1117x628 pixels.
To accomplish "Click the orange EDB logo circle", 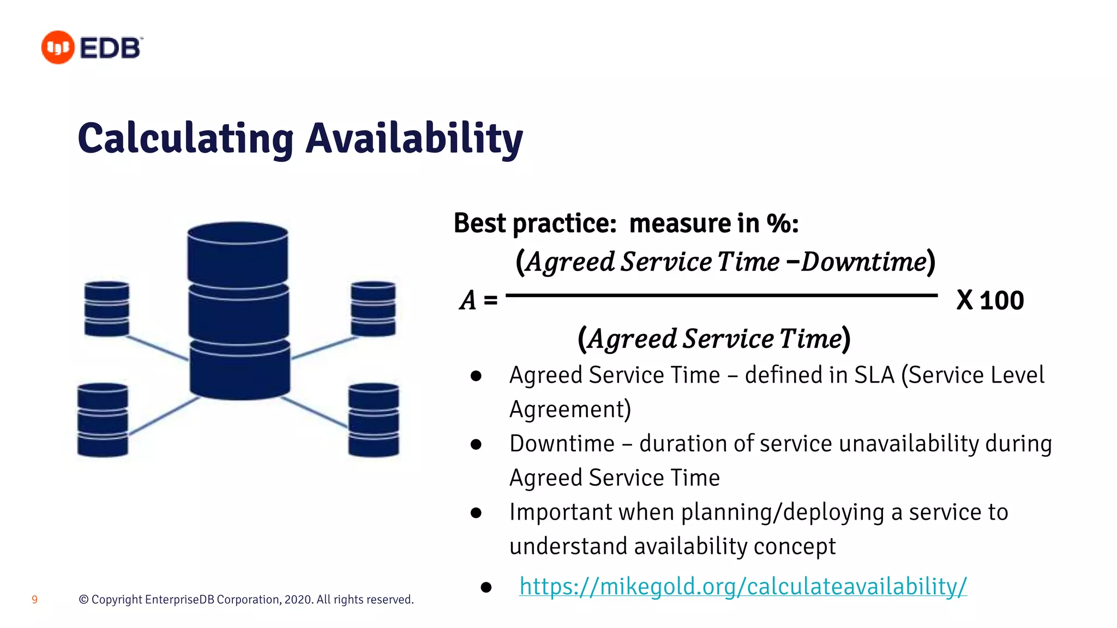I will click(58, 47).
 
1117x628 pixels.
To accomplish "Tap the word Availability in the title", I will click(414, 138).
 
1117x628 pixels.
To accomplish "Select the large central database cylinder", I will click(238, 311).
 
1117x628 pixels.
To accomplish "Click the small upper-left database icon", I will click(107, 309).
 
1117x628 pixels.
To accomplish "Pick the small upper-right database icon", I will click(373, 309).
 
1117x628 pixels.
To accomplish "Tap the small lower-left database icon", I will click(103, 420).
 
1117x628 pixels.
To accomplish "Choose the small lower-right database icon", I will click(374, 420).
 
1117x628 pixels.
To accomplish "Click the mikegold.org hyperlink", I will click(743, 587).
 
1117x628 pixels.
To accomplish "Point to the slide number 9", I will click(35, 600).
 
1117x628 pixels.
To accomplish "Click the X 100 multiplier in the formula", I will click(990, 300).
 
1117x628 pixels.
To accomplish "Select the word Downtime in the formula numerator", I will click(863, 262).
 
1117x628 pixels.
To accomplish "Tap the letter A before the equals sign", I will click(468, 300).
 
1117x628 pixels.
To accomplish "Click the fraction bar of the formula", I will click(721, 295).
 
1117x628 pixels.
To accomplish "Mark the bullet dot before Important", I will click(476, 512).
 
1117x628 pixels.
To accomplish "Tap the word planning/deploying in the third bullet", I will click(782, 512).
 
